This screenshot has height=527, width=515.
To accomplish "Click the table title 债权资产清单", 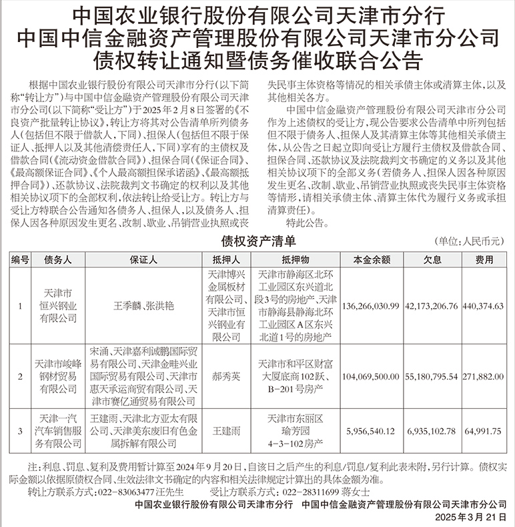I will tap(257, 241).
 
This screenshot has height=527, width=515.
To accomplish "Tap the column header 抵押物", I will tap(295, 261).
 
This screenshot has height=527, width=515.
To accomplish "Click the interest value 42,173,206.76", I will tap(430, 306).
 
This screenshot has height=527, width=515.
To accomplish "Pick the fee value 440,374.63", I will tap(484, 306).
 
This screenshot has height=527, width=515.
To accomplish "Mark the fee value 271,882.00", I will tap(484, 376).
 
